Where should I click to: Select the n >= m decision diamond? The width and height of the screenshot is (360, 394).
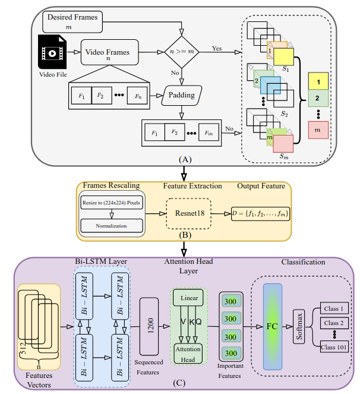pos(182,52)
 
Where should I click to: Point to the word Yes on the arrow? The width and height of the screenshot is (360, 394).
pos(216,49)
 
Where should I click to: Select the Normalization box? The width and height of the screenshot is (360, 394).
pos(111,226)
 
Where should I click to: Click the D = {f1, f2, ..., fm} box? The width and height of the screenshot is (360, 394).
pos(260,212)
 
